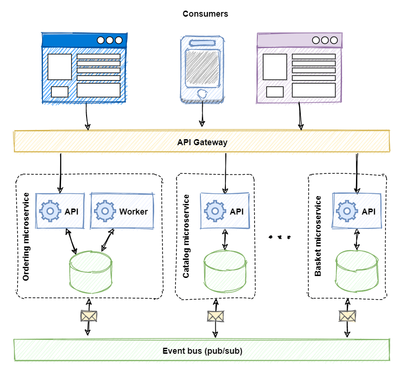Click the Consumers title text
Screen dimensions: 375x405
tap(205, 14)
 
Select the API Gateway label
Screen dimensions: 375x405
tap(202, 142)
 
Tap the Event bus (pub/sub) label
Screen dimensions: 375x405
tap(202, 351)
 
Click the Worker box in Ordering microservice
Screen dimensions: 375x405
tap(122, 211)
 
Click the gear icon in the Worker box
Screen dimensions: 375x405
tap(105, 211)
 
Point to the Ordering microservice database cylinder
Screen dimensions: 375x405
tap(91, 273)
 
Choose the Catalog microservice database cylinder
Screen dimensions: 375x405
tap(224, 272)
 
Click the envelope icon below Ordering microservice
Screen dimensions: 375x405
tap(89, 316)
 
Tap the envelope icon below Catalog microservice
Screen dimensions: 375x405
tap(215, 316)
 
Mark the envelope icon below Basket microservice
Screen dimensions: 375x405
tap(347, 316)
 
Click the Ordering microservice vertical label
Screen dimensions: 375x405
tap(26, 236)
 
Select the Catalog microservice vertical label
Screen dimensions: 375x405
tap(186, 236)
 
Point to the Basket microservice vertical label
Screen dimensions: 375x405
tap(318, 236)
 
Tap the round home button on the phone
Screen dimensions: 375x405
tap(202, 94)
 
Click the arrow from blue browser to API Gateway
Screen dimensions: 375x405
tap(87, 116)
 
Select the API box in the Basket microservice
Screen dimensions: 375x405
tap(356, 211)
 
